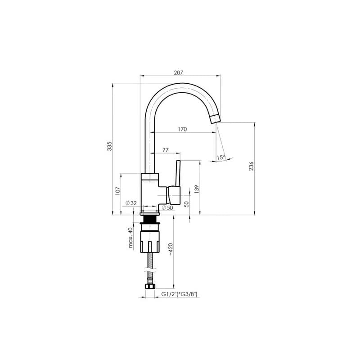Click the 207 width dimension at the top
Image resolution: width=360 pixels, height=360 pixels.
tap(178, 73)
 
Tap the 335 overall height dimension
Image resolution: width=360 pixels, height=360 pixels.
tap(109, 146)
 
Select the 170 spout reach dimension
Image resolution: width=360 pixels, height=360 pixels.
tap(182, 129)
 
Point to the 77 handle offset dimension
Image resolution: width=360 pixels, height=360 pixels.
tap(165, 150)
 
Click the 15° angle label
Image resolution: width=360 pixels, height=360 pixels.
tap(220, 157)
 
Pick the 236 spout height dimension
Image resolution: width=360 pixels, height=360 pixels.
tap(252, 166)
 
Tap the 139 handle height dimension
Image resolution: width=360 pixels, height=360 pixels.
tap(197, 189)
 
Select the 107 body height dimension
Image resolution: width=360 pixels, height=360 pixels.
tap(118, 191)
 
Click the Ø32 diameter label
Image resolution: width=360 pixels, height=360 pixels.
tap(131, 203)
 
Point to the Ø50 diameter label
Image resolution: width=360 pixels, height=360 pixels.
tap(167, 208)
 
